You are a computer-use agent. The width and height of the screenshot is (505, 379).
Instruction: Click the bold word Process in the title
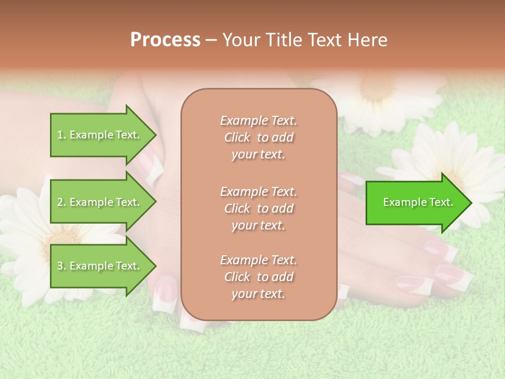click(x=165, y=40)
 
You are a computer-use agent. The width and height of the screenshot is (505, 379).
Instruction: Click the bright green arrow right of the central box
click(x=418, y=202)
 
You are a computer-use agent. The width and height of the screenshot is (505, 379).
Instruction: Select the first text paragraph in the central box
click(x=258, y=137)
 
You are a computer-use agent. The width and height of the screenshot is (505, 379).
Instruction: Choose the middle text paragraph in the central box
click(x=258, y=208)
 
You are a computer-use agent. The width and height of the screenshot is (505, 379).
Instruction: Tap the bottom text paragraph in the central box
click(x=258, y=277)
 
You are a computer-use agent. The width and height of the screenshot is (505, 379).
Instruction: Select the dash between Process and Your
click(x=211, y=40)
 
